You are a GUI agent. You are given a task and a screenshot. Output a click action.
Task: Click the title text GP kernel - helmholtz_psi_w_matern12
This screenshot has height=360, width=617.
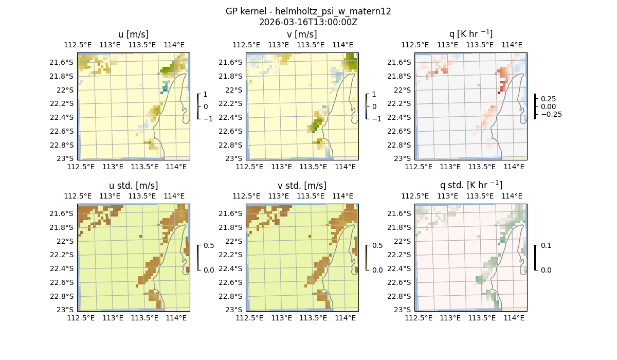click(x=308, y=11)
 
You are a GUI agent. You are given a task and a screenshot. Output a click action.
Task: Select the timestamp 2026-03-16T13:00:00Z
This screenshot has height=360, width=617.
click(x=308, y=22)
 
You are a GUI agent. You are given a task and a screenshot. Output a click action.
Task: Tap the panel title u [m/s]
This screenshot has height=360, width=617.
click(x=134, y=34)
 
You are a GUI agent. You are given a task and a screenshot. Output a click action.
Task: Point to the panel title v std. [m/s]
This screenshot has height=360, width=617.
click(x=302, y=186)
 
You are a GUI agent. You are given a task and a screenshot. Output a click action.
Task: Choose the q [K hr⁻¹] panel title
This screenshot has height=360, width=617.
click(x=471, y=34)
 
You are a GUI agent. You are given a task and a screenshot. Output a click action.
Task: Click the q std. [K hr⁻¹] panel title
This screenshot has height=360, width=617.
click(x=471, y=185)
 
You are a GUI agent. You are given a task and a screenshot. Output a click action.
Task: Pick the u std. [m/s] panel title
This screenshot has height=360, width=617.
click(x=134, y=186)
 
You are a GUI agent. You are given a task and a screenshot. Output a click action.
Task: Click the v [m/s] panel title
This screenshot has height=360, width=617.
click(x=302, y=34)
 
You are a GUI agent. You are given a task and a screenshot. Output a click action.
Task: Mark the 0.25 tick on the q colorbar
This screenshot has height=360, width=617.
click(x=549, y=99)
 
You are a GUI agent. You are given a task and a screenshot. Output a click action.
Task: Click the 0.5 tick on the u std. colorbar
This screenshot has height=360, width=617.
click(x=209, y=245)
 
